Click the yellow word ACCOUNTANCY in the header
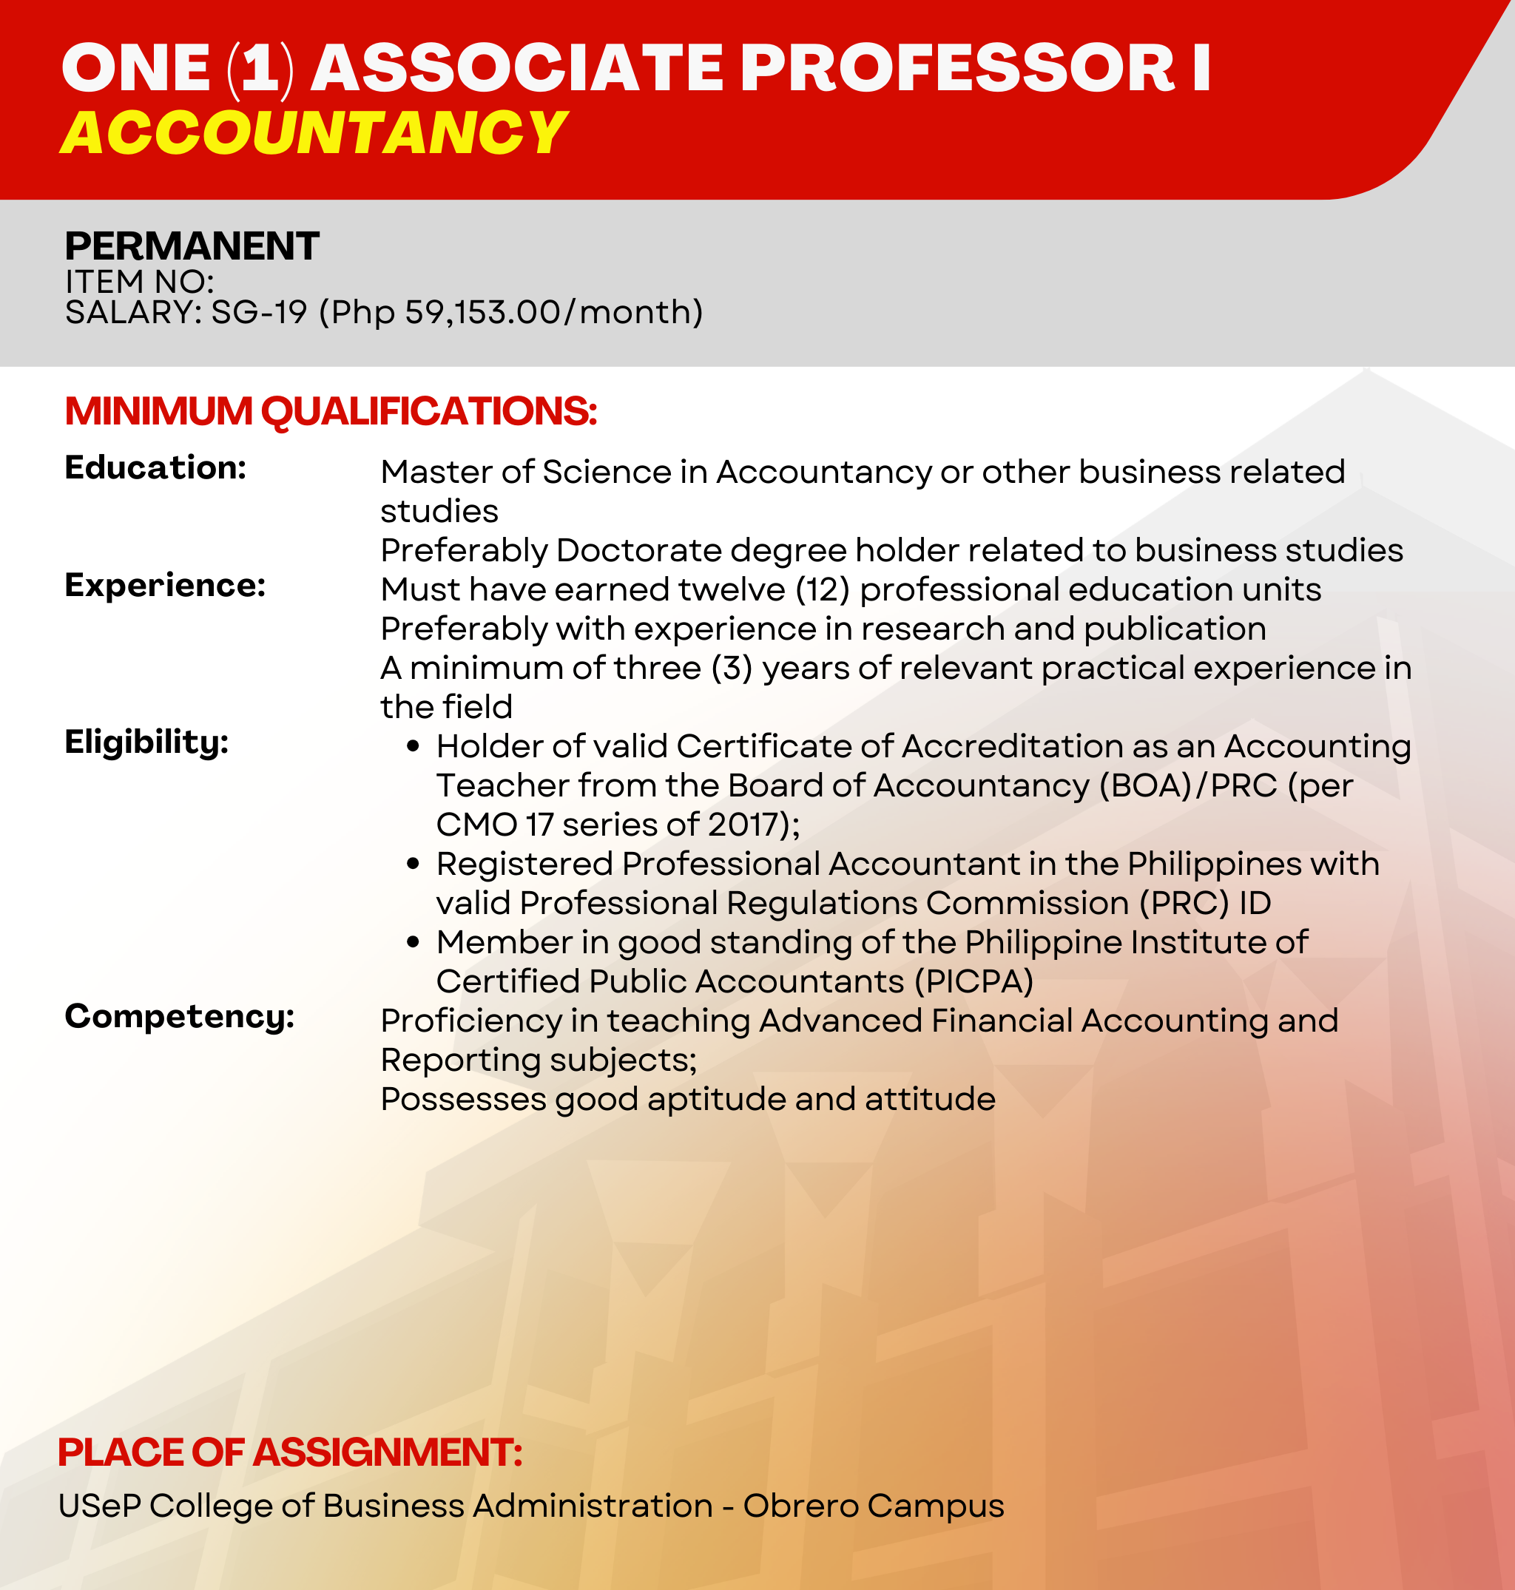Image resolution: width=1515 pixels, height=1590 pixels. coord(314,132)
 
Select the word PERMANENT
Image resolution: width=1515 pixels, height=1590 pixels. coord(192,246)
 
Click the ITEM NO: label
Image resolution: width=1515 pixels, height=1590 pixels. coord(140,282)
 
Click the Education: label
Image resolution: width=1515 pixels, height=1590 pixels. coord(156,467)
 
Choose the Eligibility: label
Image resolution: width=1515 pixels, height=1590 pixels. coord(147,742)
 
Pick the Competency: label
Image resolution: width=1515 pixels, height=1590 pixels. coord(180,1017)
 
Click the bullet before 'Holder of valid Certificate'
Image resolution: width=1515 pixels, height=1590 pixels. coord(414,746)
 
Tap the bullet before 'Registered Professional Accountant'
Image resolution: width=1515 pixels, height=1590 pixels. coord(414,864)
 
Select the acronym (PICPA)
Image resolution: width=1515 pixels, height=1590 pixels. coord(974,982)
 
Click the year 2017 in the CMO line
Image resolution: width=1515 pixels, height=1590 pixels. coord(748,825)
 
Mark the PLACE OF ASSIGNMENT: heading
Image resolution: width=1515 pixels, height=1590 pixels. coord(291,1452)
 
